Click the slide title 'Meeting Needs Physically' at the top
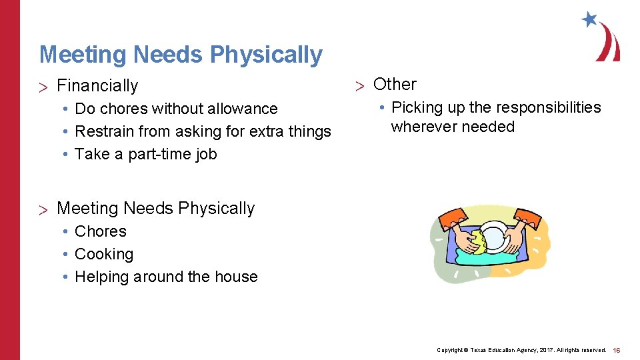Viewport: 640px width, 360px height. click(181, 55)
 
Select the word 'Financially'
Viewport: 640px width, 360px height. click(97, 86)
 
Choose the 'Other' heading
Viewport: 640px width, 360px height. click(395, 85)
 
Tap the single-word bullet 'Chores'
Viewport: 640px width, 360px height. click(101, 231)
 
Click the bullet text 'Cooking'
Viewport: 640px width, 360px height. click(104, 254)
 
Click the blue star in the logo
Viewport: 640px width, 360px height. click(589, 19)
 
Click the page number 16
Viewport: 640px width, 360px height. click(617, 350)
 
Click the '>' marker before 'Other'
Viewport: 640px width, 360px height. click(359, 85)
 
